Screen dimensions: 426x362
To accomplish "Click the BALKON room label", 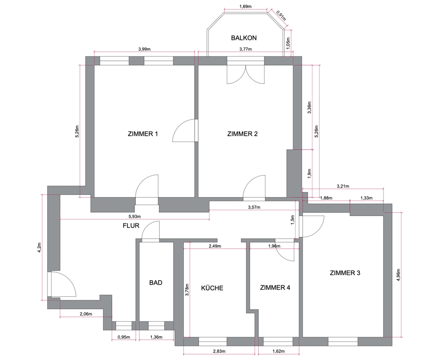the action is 244,38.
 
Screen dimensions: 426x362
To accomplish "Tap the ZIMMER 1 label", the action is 142,134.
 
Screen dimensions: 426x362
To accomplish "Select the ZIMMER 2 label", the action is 242,134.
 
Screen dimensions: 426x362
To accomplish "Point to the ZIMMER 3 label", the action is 345,273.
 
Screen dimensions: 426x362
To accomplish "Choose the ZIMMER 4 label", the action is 275,287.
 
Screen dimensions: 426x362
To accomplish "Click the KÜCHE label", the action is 212,287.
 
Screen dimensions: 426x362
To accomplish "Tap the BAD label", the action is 156,283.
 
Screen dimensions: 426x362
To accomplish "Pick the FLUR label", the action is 131,225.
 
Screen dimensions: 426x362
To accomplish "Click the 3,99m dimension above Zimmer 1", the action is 144,49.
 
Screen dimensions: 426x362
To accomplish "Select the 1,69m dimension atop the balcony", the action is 245,7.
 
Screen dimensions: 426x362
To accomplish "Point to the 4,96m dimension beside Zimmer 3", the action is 398,275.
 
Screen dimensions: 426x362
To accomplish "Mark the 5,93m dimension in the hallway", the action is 134,216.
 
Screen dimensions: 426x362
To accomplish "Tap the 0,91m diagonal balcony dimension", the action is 281,16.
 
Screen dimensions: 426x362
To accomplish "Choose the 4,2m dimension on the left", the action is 39,247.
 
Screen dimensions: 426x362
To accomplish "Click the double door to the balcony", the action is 245,75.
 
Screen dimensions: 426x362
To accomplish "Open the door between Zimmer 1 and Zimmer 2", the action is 185,130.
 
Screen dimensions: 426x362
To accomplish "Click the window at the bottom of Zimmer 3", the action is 343,341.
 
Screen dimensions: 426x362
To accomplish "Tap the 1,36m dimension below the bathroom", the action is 156,337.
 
